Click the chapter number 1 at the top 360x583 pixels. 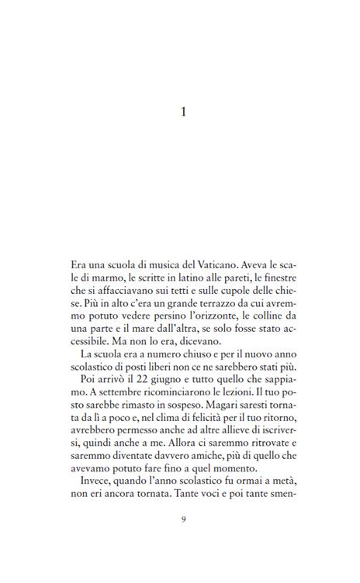click(x=183, y=112)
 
